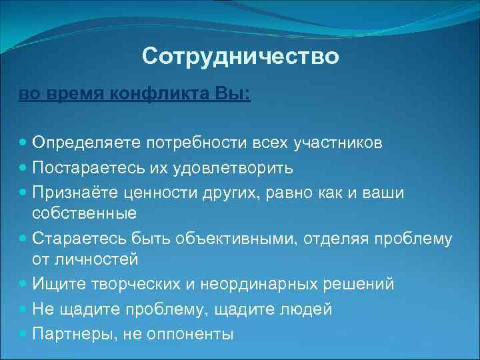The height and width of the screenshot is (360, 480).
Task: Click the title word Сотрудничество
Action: [240, 57]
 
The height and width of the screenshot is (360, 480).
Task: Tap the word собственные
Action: [84, 214]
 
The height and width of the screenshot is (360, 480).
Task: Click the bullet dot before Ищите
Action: [23, 285]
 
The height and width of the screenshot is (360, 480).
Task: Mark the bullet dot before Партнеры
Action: [23, 333]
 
